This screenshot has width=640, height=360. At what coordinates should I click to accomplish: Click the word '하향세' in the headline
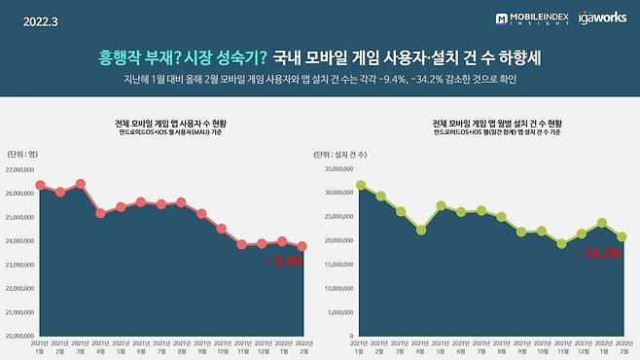(511, 57)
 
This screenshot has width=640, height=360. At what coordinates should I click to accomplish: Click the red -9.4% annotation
(290, 261)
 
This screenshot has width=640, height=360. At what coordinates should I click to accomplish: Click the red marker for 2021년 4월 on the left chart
(100, 212)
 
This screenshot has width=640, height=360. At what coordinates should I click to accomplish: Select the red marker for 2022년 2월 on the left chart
(302, 246)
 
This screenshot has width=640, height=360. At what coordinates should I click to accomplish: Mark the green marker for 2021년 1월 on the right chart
(361, 185)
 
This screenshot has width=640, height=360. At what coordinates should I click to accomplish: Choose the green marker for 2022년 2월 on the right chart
(622, 236)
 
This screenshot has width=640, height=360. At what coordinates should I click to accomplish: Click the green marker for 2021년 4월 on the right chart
(421, 230)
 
